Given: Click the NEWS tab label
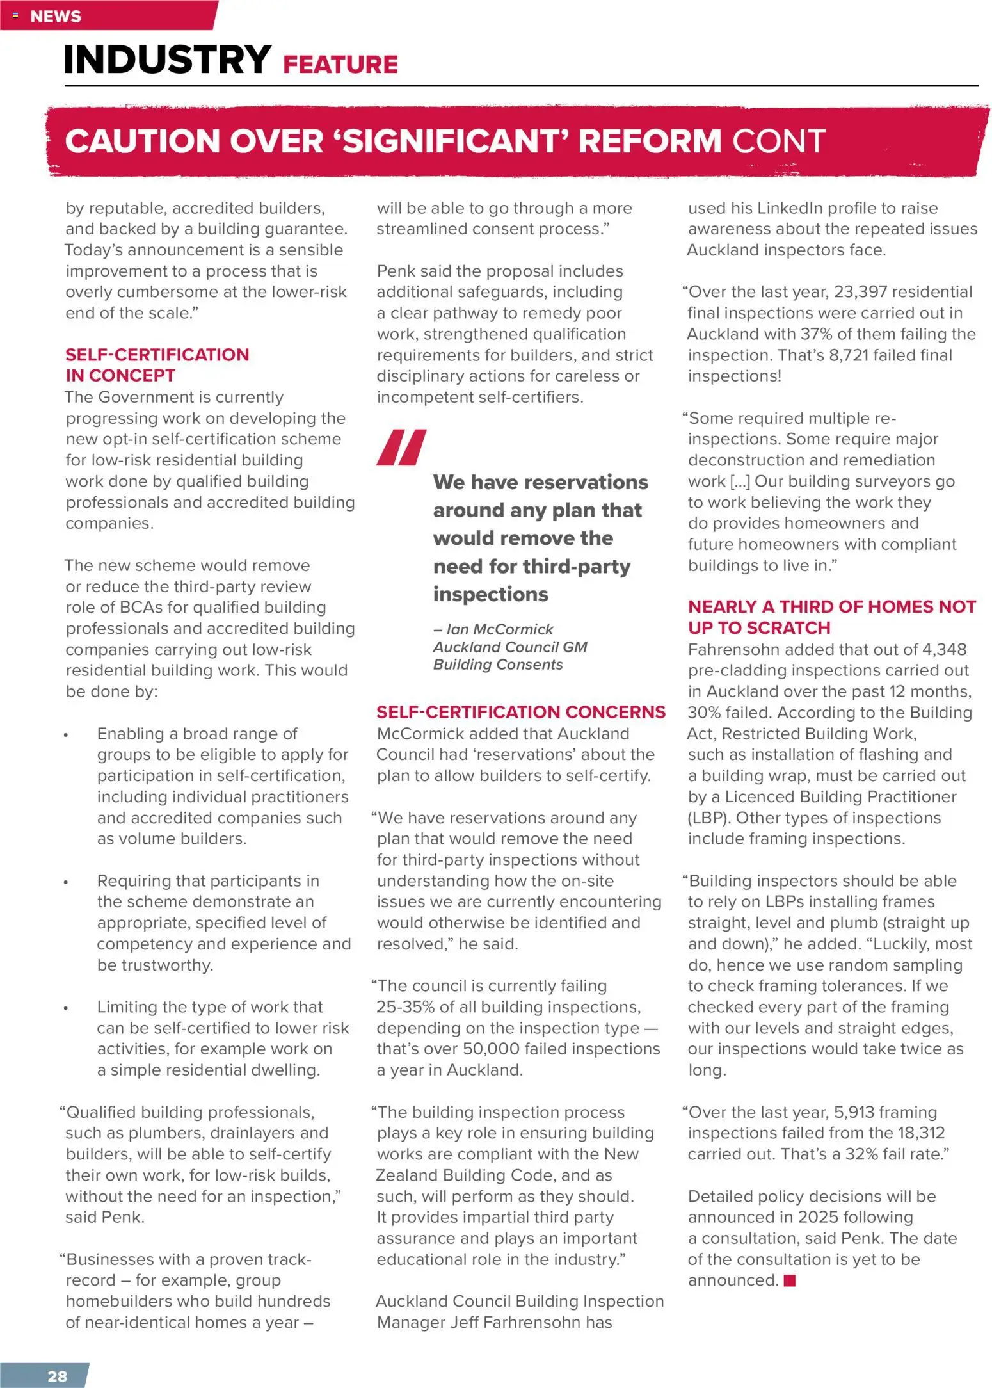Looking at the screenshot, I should [x=56, y=17].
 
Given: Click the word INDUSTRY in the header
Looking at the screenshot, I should [x=168, y=60].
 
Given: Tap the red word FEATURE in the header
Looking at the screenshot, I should [x=340, y=65].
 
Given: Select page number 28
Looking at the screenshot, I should [x=57, y=1376].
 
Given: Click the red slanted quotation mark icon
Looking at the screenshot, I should [x=401, y=447].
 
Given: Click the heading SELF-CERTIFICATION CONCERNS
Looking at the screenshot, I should [x=520, y=712].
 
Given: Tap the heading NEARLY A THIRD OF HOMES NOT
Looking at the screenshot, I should [x=831, y=606].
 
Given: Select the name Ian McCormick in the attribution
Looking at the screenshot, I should [x=500, y=629].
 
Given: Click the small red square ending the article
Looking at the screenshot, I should [x=789, y=1280].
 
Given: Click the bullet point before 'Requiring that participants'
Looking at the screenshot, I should [x=66, y=882].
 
